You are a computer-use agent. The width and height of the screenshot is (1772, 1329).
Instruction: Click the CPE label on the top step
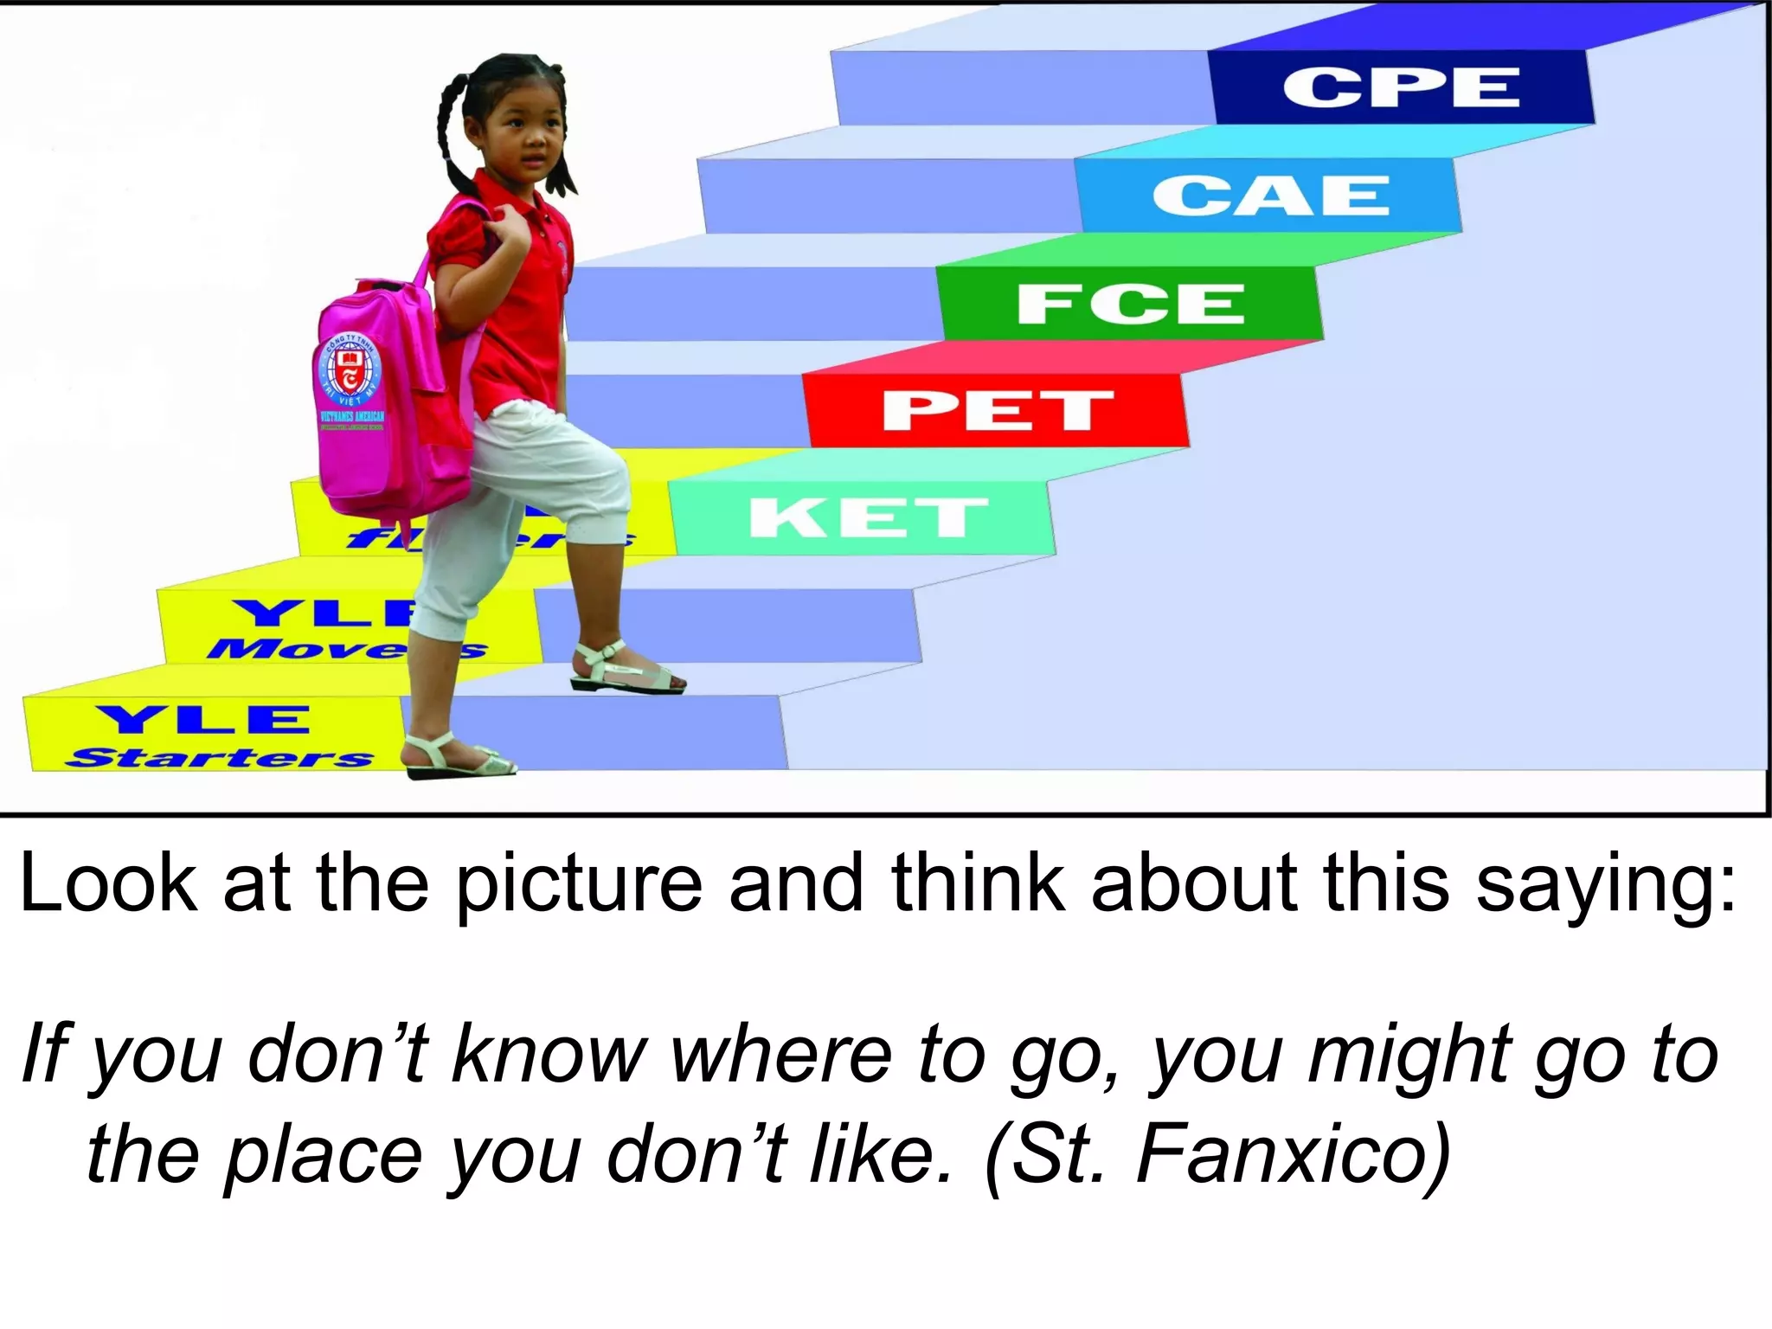coord(1401,87)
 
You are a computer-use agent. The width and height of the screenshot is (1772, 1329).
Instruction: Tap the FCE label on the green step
coord(1130,304)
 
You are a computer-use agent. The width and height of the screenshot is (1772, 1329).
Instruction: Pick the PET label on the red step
coord(997,410)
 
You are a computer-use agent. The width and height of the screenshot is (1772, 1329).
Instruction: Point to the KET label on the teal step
coord(867,517)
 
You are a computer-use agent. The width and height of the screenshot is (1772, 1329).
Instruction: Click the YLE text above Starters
coord(203,719)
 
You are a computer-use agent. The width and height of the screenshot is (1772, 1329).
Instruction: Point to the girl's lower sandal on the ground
coord(459,757)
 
